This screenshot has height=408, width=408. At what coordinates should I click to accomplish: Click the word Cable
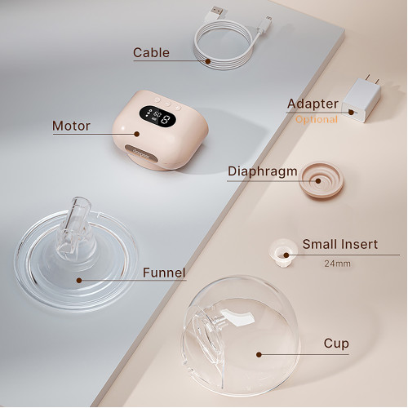(151, 52)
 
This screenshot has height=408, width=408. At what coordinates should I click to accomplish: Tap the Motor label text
(71, 126)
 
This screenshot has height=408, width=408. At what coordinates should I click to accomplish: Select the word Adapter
(313, 104)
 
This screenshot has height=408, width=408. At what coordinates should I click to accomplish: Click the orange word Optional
(317, 119)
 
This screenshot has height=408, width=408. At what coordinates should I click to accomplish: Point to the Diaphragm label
(263, 172)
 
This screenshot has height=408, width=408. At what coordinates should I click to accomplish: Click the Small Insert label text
(340, 244)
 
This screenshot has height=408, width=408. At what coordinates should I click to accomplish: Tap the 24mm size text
(337, 264)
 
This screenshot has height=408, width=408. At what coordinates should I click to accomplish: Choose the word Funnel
(164, 273)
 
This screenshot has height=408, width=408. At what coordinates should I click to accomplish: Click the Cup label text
(336, 344)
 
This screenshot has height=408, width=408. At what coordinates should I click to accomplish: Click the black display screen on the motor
(157, 116)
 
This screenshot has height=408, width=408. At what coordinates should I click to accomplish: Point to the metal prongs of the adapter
(372, 78)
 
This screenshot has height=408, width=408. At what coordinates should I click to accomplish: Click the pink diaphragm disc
(321, 180)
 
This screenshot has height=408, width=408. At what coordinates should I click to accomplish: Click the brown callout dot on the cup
(259, 354)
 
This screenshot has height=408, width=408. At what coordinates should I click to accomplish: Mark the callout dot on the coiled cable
(208, 61)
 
